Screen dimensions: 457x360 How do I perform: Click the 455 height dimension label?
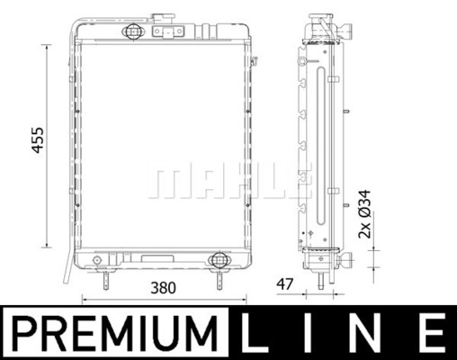pos(38,140)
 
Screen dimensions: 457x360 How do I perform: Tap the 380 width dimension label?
pos(163,288)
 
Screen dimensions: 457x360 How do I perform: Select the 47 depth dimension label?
pos(284,284)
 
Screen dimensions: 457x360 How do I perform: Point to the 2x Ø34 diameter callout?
pos(364,214)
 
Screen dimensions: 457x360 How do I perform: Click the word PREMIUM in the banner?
pos(115,333)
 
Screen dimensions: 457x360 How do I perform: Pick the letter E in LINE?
pos(432,332)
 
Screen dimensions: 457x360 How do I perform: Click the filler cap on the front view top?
pos(163,18)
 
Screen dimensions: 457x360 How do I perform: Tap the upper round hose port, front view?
pos(133,31)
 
